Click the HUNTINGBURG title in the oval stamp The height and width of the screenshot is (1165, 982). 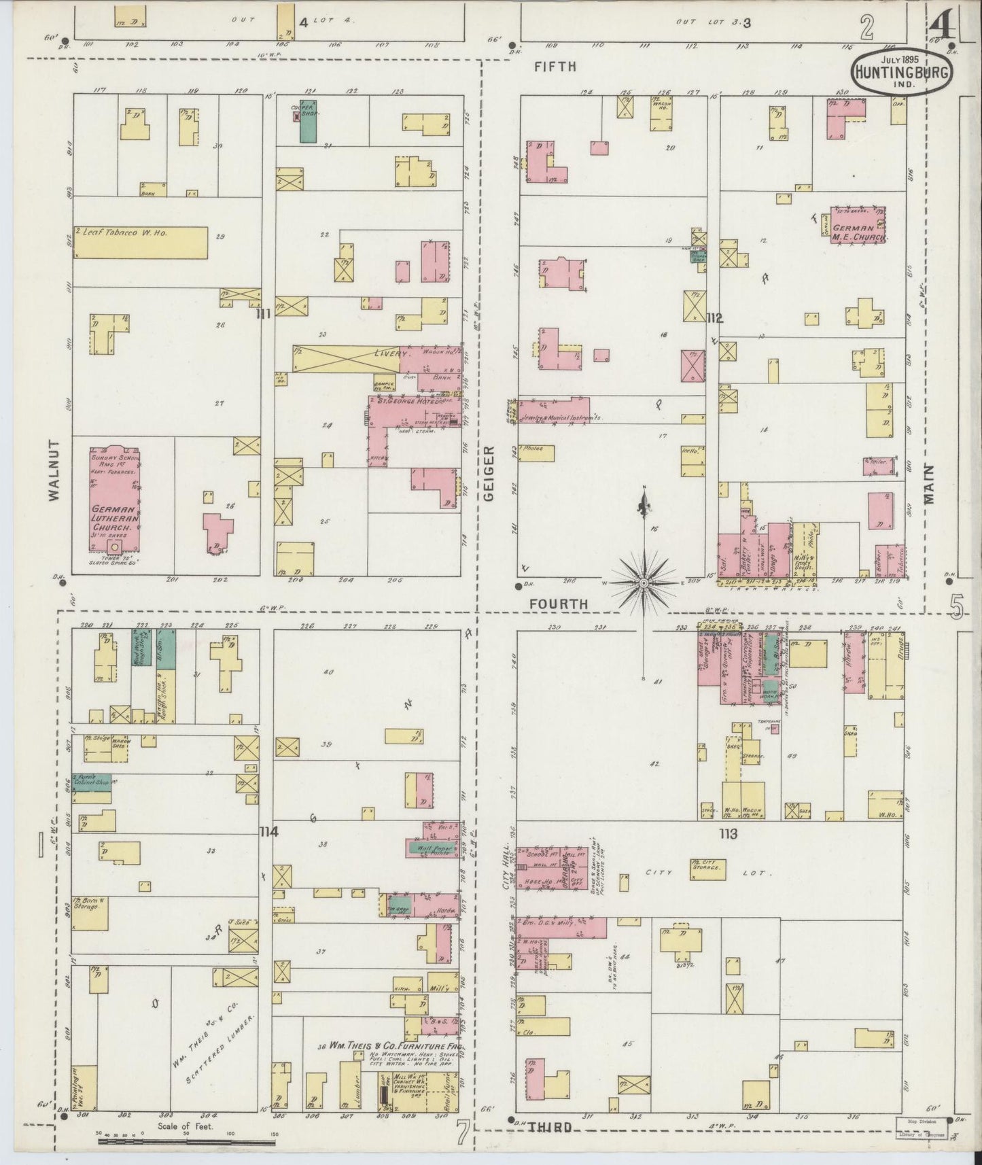[x=901, y=72]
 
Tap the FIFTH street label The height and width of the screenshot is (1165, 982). [x=555, y=67]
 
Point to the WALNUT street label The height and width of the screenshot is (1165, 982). [x=54, y=479]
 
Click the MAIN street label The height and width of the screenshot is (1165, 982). [x=929, y=483]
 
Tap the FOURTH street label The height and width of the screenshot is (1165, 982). [x=558, y=603]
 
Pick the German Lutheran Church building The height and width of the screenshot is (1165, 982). [x=115, y=507]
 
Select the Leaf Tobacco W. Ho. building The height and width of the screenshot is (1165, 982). [x=140, y=242]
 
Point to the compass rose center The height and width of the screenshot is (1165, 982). [x=643, y=583]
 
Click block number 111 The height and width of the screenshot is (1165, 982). [x=264, y=313]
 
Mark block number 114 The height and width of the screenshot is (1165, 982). [x=268, y=831]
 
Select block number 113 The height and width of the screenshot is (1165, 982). [x=730, y=833]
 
